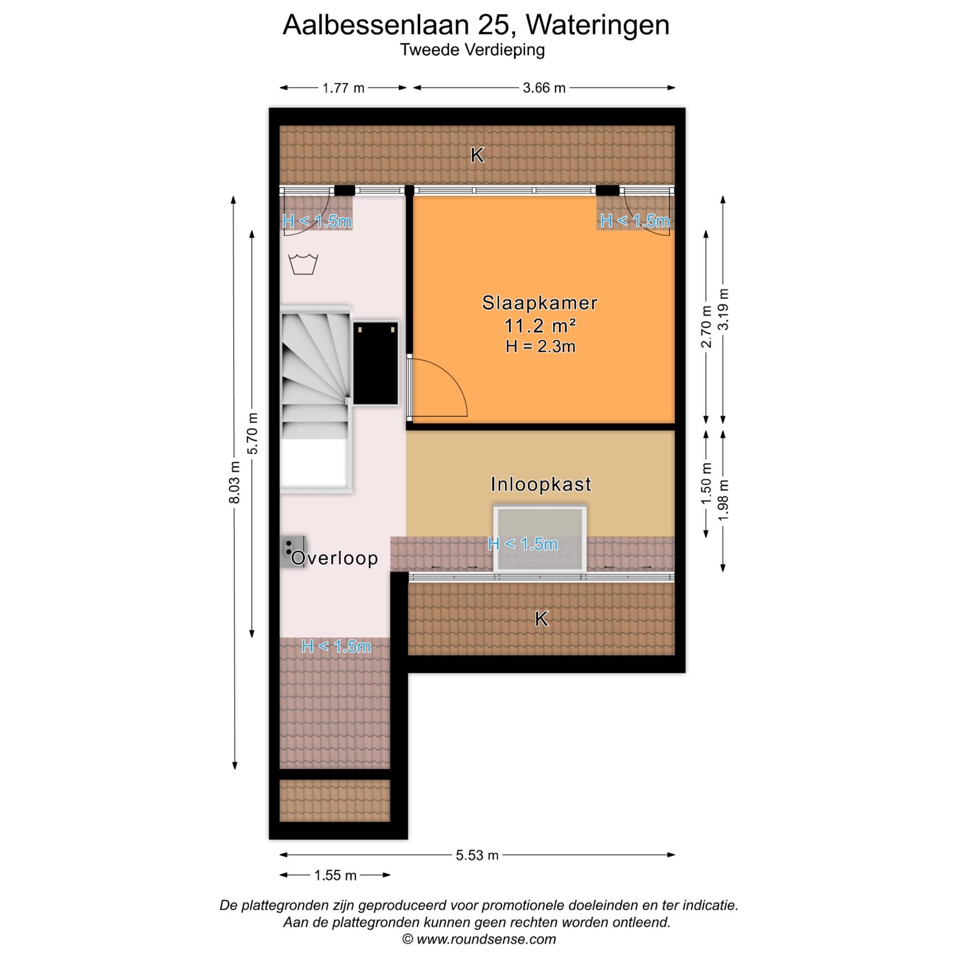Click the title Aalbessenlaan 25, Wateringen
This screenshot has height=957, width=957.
[476, 25]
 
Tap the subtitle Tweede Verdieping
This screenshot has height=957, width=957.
[472, 50]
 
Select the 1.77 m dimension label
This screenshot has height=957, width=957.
[343, 88]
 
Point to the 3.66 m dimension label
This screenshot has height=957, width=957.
[544, 88]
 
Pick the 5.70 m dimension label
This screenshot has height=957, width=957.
[253, 433]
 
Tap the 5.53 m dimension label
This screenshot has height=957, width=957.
[477, 855]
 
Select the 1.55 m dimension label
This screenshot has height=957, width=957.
[335, 875]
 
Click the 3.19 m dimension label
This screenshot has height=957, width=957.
[723, 309]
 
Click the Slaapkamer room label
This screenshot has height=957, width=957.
[540, 303]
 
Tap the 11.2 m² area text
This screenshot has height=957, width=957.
[540, 326]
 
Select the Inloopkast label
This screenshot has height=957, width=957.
[541, 484]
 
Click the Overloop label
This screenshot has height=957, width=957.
[334, 558]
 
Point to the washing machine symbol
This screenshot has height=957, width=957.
[303, 264]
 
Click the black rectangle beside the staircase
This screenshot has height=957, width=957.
[376, 363]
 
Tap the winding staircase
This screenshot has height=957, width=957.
[315, 379]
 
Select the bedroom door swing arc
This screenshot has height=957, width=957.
[441, 389]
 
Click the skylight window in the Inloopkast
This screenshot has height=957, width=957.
[540, 538]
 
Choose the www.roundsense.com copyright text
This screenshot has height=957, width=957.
[479, 940]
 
